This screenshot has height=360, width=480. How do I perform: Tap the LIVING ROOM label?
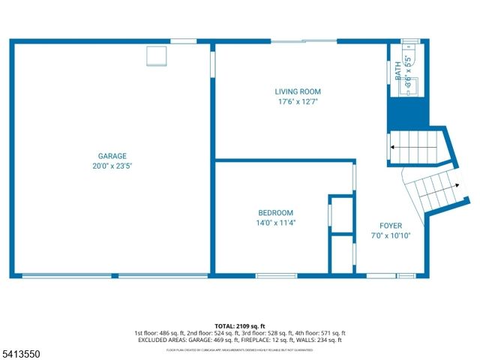pyautogui.click(x=297, y=91)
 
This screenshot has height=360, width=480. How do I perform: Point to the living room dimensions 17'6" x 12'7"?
pyautogui.click(x=297, y=101)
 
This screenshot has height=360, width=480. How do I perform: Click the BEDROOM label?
pyautogui.click(x=276, y=213)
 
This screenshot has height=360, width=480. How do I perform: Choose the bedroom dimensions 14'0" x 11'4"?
pyautogui.click(x=276, y=223)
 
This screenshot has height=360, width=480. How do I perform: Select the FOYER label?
pyautogui.click(x=390, y=226)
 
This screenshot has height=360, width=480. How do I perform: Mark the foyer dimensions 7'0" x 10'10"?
pyautogui.click(x=390, y=235)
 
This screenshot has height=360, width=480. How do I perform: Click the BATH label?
pyautogui.click(x=398, y=70)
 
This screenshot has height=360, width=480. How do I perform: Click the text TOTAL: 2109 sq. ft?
pyautogui.click(x=239, y=326)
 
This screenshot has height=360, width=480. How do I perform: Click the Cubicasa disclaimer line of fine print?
pyautogui.click(x=239, y=349)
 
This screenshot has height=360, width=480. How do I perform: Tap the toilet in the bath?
pyautogui.click(x=409, y=52)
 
